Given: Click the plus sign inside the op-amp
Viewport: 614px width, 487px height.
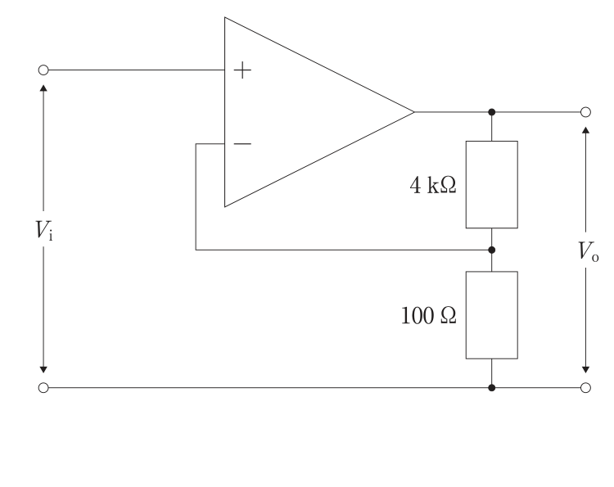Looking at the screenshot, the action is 242,70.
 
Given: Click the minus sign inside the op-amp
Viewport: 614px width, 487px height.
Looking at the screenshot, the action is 242,144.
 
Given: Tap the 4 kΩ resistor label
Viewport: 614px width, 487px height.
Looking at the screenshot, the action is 433,185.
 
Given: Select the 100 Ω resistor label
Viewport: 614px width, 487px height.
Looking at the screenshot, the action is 429,316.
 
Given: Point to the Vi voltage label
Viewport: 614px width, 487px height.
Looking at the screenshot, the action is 44,230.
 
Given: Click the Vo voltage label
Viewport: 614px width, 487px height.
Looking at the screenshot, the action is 588,251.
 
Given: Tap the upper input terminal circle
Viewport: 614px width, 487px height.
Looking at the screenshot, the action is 43,70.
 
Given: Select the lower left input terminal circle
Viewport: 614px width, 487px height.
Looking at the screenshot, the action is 43,388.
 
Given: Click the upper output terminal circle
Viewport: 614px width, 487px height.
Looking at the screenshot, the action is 585,112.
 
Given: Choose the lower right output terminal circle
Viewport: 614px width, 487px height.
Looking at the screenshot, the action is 585,388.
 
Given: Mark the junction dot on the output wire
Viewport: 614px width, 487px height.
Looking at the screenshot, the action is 492,112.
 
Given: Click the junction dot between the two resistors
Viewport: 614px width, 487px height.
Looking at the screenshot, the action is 492,250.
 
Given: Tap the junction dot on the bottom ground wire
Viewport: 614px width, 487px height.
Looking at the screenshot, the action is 492,388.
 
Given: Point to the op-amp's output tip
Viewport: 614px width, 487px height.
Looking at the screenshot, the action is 414,112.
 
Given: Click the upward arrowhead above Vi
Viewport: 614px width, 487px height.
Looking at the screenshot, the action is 43,88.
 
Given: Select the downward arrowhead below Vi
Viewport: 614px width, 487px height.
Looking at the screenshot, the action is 43,370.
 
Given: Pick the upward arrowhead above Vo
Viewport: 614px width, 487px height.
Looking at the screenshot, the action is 585,130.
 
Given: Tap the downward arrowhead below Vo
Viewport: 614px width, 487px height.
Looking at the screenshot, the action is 585,370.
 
